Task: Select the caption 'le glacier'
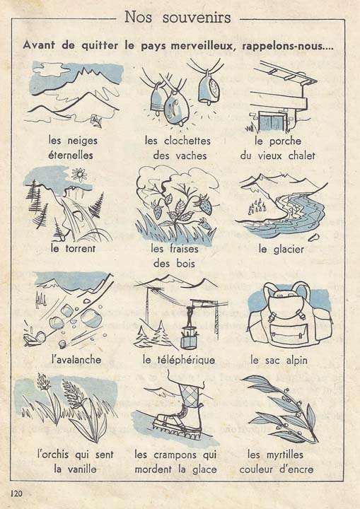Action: (x=281, y=249)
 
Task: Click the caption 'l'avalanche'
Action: (x=76, y=359)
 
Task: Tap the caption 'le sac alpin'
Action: (x=281, y=359)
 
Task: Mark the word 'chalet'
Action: (x=298, y=155)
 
